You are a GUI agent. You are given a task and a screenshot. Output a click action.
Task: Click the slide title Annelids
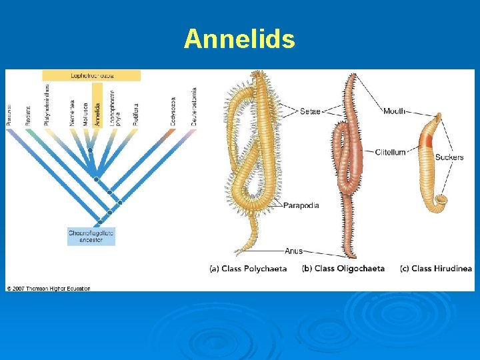point(239,39)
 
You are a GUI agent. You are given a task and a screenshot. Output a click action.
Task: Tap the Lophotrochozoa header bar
point(91,75)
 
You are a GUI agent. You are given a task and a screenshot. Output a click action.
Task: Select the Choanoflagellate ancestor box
point(91,236)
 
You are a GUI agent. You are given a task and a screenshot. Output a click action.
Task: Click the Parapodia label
point(301,205)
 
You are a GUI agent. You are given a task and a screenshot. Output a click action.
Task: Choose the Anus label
point(293,251)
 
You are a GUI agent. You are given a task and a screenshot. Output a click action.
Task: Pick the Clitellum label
point(390,152)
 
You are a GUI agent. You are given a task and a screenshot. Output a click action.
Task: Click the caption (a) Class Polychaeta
point(248,269)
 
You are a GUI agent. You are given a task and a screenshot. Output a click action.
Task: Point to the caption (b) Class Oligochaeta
point(343,269)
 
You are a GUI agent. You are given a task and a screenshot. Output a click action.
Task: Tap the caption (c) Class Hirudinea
point(436,269)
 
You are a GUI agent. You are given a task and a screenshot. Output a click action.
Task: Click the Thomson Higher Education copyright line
point(48,288)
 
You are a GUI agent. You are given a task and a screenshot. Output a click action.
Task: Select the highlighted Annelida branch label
point(97,107)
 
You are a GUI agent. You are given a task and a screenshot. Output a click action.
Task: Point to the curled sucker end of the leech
point(441,199)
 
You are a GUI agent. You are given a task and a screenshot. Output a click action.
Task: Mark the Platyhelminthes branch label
point(47,107)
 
